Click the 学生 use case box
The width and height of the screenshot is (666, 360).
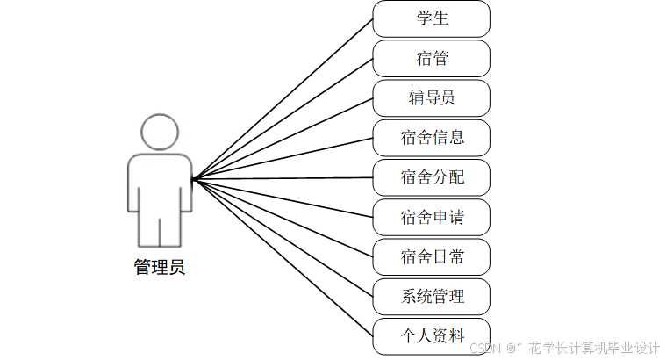pyautogui.click(x=431, y=18)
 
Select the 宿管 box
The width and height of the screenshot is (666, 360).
pyautogui.click(x=431, y=58)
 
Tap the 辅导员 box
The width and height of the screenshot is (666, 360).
pyautogui.click(x=431, y=97)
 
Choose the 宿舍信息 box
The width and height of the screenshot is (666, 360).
pyautogui.click(x=431, y=137)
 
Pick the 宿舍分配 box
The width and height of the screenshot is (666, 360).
pyautogui.click(x=431, y=177)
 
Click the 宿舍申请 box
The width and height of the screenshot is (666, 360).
pyautogui.click(x=431, y=217)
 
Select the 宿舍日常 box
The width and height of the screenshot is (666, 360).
pyautogui.click(x=431, y=256)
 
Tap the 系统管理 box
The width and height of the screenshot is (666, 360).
pyautogui.click(x=431, y=297)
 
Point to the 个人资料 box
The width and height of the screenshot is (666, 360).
pyautogui.click(x=431, y=336)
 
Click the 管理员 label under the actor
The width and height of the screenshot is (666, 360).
pyautogui.click(x=160, y=268)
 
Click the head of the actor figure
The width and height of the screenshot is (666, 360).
pyautogui.click(x=160, y=133)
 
